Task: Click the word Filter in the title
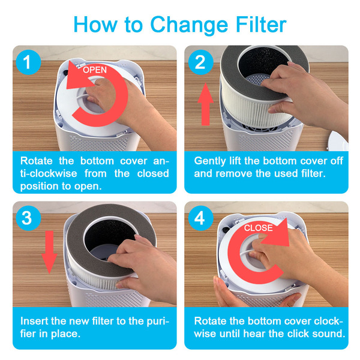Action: click(x=261, y=25)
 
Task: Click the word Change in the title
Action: click(x=189, y=25)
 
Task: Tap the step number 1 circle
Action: click(x=28, y=62)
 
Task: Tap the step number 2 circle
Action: click(x=200, y=62)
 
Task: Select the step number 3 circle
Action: click(x=28, y=218)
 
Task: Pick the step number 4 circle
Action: click(x=200, y=218)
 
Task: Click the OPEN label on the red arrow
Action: click(x=95, y=70)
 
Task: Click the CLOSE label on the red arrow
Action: click(x=258, y=228)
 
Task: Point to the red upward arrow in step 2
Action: click(x=205, y=104)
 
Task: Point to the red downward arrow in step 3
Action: click(x=49, y=252)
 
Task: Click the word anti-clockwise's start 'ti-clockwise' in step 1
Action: click(x=49, y=173)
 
